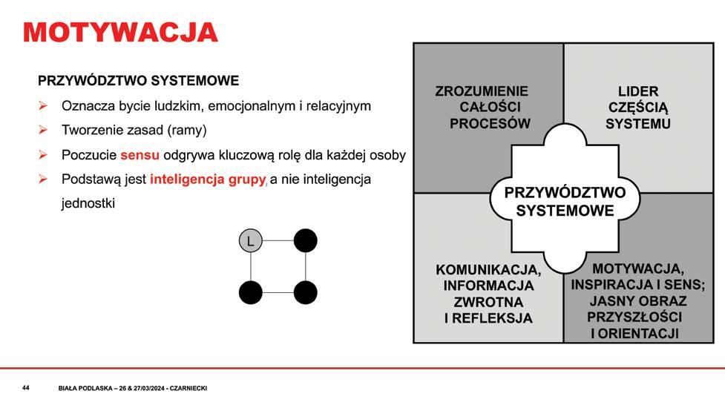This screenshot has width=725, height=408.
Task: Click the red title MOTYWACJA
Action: (120, 33)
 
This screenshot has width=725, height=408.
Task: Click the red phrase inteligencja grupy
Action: (208, 180)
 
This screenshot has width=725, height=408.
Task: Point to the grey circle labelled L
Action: (251, 241)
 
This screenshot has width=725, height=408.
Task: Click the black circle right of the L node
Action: (305, 241)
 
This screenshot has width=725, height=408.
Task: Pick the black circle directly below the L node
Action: (251, 293)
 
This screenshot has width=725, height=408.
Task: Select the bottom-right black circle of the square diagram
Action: (305, 293)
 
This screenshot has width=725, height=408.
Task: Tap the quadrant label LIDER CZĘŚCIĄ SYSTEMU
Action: (638, 108)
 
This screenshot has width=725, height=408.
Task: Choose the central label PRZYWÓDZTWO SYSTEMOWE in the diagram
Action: (565, 201)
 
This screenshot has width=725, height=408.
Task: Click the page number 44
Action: (26, 388)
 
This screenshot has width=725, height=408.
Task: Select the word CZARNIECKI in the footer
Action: (189, 389)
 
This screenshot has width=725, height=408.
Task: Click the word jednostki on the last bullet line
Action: (88, 203)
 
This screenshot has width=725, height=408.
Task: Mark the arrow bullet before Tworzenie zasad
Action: (43, 131)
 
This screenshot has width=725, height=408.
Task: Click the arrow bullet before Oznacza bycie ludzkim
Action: (43, 106)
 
